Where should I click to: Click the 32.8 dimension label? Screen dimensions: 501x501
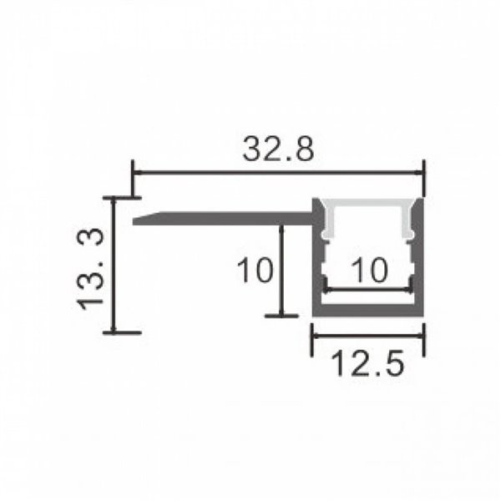point(278,150)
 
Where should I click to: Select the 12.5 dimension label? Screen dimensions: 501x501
point(368,365)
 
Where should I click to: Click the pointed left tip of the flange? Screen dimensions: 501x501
point(135,221)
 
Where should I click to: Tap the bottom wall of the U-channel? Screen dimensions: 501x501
point(368,311)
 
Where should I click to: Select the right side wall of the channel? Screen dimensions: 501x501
point(420,259)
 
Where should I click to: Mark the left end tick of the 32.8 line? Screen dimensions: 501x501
point(133,173)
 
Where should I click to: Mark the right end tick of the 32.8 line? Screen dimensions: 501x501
point(424,173)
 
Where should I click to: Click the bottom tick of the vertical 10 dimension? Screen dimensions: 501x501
point(281,316)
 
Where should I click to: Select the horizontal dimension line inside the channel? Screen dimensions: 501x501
point(368,289)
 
